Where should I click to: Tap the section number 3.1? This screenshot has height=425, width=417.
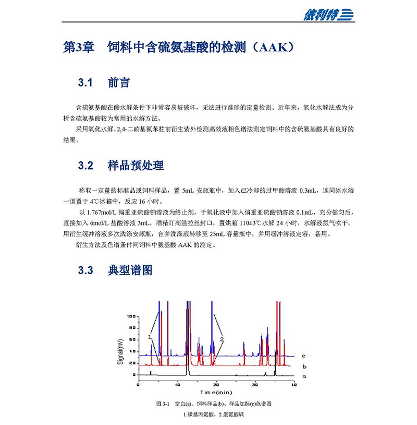pyautogui.click(x=85, y=83)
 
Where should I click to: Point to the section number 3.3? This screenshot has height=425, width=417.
pyautogui.click(x=85, y=270)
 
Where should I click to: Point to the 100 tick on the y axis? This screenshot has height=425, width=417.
pyautogui.click(x=131, y=316)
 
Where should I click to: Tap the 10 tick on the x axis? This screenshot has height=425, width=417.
pyautogui.click(x=177, y=384)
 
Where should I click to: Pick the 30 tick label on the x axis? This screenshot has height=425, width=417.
pyautogui.click(x=255, y=384)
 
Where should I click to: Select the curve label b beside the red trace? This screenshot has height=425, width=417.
pyautogui.click(x=303, y=366)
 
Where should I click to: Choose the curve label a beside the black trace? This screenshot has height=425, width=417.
pyautogui.click(x=304, y=375)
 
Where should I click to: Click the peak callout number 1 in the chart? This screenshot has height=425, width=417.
pyautogui.click(x=150, y=337)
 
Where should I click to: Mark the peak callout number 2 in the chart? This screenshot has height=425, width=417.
pyautogui.click(x=222, y=339)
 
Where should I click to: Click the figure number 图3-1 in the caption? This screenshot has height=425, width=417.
pyautogui.click(x=164, y=404)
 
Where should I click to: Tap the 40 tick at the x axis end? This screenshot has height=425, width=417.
pyautogui.click(x=293, y=384)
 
